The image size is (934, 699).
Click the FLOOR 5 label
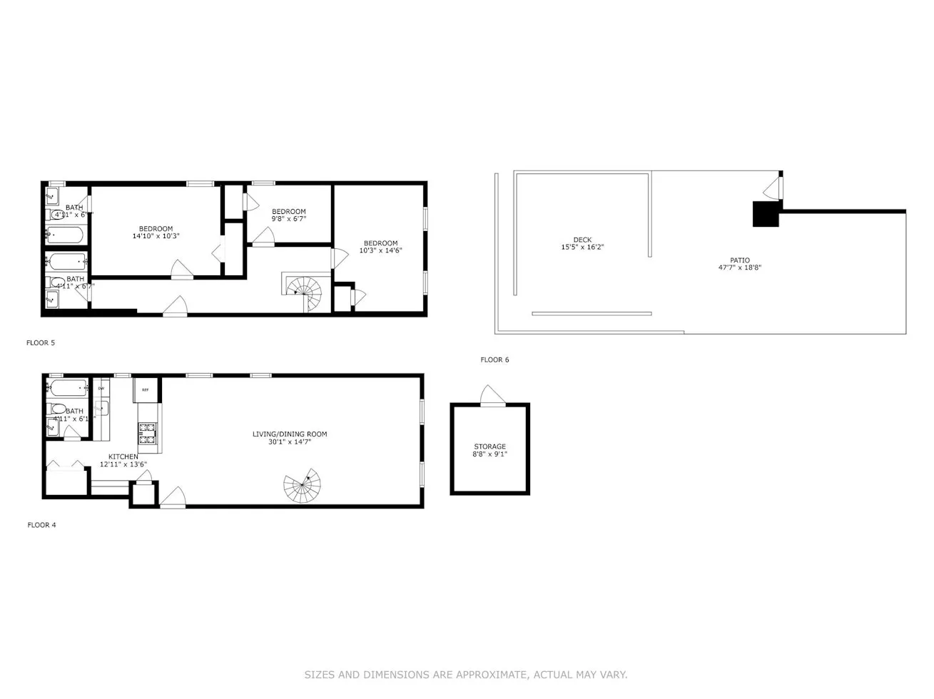point(41,343)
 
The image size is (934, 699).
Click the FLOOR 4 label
point(41,525)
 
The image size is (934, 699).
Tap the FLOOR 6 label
point(494,359)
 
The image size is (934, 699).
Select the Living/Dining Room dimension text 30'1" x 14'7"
point(290,442)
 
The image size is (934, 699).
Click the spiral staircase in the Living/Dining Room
point(302,486)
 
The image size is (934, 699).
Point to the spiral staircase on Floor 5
point(305,290)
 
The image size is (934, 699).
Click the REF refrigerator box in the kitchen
point(146,390)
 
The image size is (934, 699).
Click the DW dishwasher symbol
point(101,389)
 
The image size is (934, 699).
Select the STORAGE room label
point(489,447)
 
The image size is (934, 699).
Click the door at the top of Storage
point(492,395)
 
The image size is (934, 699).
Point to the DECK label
point(582,240)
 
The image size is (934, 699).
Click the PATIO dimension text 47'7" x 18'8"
point(739,268)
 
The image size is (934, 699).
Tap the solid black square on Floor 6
point(766,214)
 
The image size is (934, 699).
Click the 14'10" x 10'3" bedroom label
point(156,236)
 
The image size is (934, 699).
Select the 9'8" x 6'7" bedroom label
point(288,219)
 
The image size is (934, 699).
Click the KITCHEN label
point(123,456)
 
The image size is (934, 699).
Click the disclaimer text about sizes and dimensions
point(466,675)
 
